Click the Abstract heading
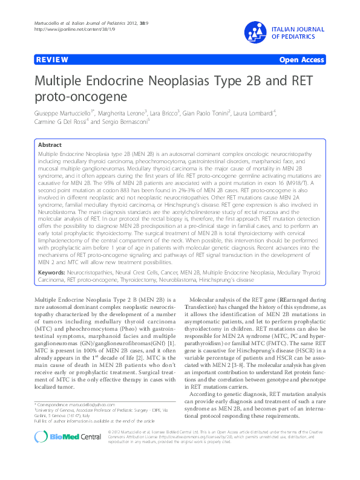click(49, 145)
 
